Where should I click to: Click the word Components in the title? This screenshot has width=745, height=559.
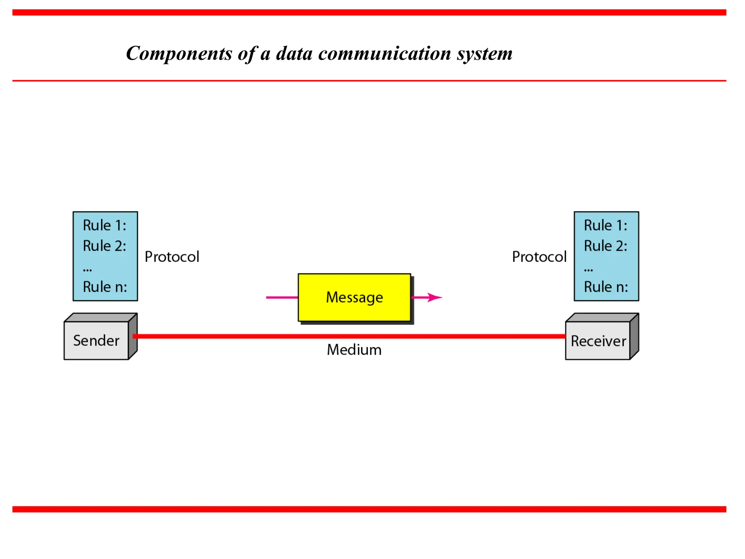pos(179,53)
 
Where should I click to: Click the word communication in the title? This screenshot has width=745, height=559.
pos(385,53)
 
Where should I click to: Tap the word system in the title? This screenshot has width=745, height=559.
pos(485,53)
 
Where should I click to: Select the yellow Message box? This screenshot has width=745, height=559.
pos(354,297)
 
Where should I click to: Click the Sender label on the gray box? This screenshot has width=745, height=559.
pos(96,341)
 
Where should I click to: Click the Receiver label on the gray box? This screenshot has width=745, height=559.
pos(598,341)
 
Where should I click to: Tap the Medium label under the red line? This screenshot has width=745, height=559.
pos(354,350)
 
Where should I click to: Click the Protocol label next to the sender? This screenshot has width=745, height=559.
pos(172,257)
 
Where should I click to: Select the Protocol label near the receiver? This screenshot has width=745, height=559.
pos(539,257)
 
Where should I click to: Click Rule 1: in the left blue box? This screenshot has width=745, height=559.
pos(104,225)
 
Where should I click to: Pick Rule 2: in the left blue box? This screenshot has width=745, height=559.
pos(104,246)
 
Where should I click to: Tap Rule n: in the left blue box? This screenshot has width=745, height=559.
pos(105,287)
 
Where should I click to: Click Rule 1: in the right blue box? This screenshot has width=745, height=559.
pos(606,225)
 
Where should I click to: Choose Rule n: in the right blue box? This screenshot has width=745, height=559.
pos(606,287)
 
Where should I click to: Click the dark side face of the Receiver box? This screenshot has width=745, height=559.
pos(634,337)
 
